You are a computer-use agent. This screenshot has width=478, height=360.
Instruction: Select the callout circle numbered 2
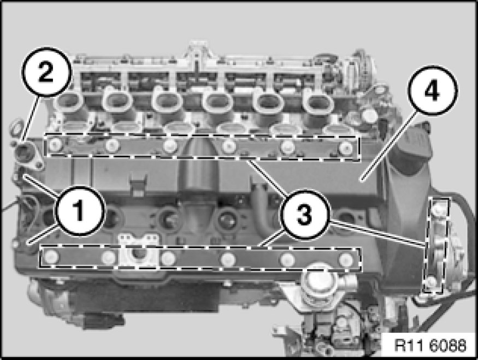(46, 72)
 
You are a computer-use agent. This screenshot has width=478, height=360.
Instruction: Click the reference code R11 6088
(430, 346)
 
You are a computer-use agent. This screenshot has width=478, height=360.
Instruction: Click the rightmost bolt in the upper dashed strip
(346, 148)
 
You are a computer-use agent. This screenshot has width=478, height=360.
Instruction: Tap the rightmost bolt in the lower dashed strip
(346, 259)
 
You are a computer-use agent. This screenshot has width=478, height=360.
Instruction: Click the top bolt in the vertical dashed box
(438, 208)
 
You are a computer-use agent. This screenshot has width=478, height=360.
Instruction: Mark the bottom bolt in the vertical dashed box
(431, 282)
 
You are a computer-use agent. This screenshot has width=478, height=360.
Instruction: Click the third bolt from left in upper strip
(169, 146)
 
